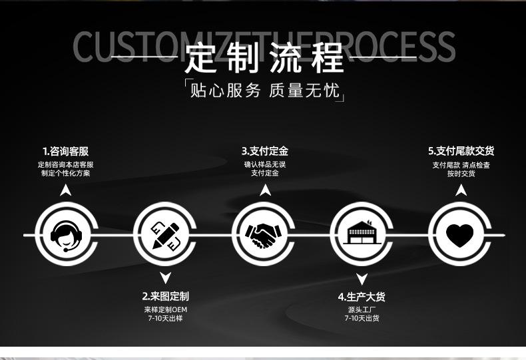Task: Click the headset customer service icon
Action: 65,235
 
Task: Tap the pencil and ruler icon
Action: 165,235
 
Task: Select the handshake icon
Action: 264,235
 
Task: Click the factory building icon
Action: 362,235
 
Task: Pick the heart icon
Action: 459,235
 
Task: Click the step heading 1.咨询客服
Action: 65,152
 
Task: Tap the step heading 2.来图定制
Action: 165,296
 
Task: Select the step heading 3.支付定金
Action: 264,152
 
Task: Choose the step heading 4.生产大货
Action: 362,297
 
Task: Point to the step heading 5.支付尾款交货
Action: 461,152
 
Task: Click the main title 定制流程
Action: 264,59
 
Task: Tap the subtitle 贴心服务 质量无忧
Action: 264,90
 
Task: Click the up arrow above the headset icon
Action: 65,190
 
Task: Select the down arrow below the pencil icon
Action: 165,278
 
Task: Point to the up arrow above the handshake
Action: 265,190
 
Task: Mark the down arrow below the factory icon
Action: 362,279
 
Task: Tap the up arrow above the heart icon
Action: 461,190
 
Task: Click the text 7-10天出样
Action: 165,319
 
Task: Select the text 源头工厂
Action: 362,309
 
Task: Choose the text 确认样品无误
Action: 264,164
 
